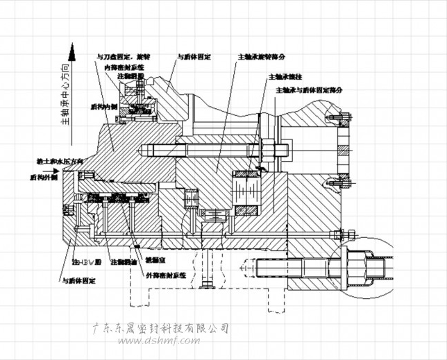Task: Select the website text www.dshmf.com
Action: (160, 340)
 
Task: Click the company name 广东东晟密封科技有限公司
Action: (160, 327)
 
